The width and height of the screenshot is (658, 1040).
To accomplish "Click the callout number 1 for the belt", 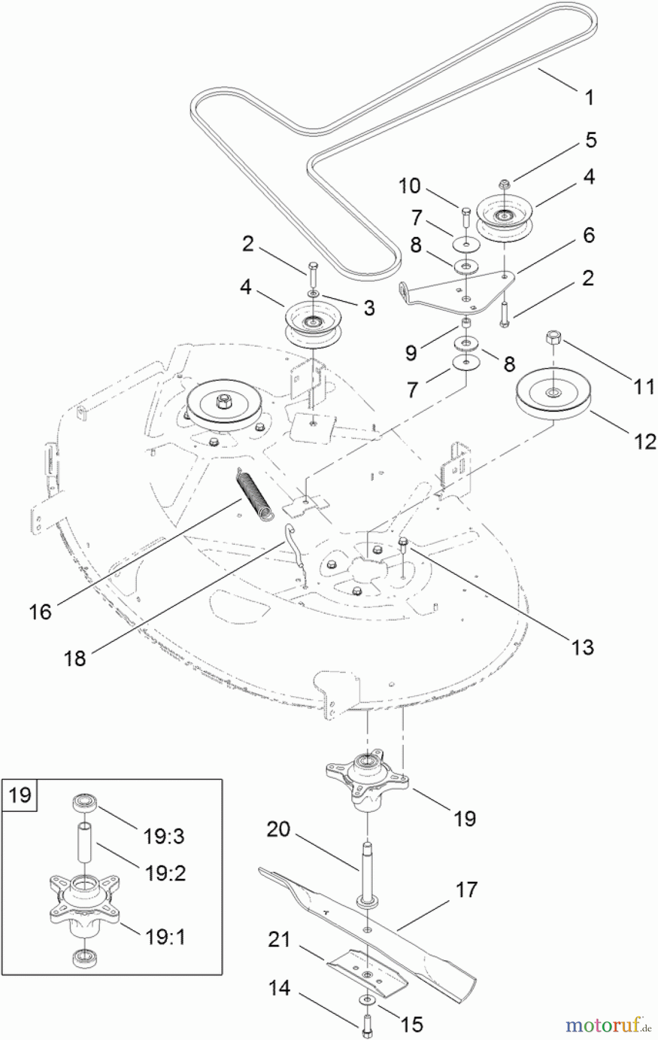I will coord(589,97).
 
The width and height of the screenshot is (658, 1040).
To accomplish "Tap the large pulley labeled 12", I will coord(552,397).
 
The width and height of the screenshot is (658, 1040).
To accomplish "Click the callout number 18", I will coord(75,658).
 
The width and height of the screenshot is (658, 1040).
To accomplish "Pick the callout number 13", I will coord(582,647).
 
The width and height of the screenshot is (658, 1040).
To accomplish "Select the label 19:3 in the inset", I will coord(164,835).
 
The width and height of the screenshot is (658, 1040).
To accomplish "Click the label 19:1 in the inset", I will coord(165,936).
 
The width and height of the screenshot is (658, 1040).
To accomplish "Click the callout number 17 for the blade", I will coord(466,889).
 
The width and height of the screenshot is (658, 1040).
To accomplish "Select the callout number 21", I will coord(279,939).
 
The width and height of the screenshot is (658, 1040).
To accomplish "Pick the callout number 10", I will coord(410,186).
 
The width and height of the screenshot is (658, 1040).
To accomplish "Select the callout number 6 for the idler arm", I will coord(589,235).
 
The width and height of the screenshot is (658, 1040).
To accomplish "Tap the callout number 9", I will coord(411,352).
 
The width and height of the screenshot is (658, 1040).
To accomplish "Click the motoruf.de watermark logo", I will coord(606,1025).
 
